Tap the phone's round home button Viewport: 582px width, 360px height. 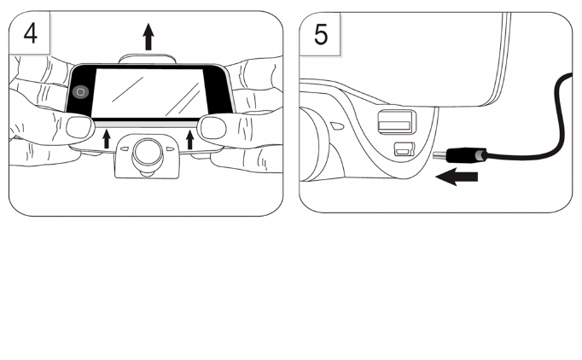[x=80, y=90]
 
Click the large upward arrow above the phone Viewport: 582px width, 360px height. [x=149, y=37]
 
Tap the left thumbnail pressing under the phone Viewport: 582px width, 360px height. [x=80, y=128]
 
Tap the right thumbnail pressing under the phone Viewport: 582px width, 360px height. [x=213, y=128]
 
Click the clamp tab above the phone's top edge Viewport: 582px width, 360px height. [x=149, y=57]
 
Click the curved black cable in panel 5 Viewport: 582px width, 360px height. [x=546, y=128]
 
